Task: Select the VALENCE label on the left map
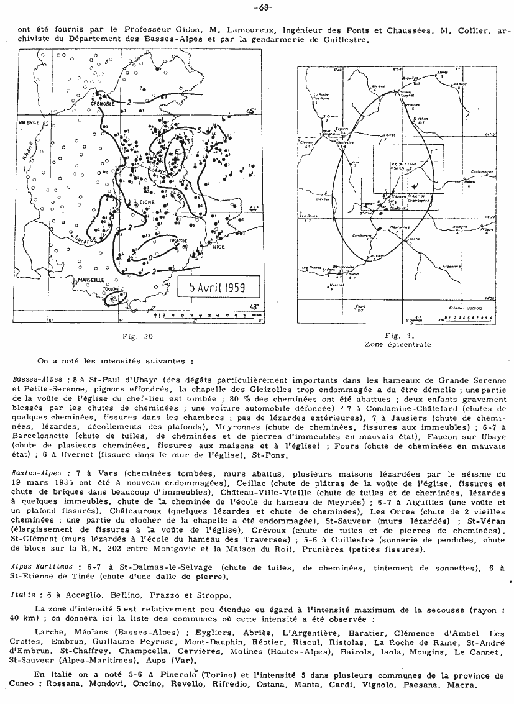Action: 27,122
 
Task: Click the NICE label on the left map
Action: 218,246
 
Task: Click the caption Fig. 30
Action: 140,336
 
